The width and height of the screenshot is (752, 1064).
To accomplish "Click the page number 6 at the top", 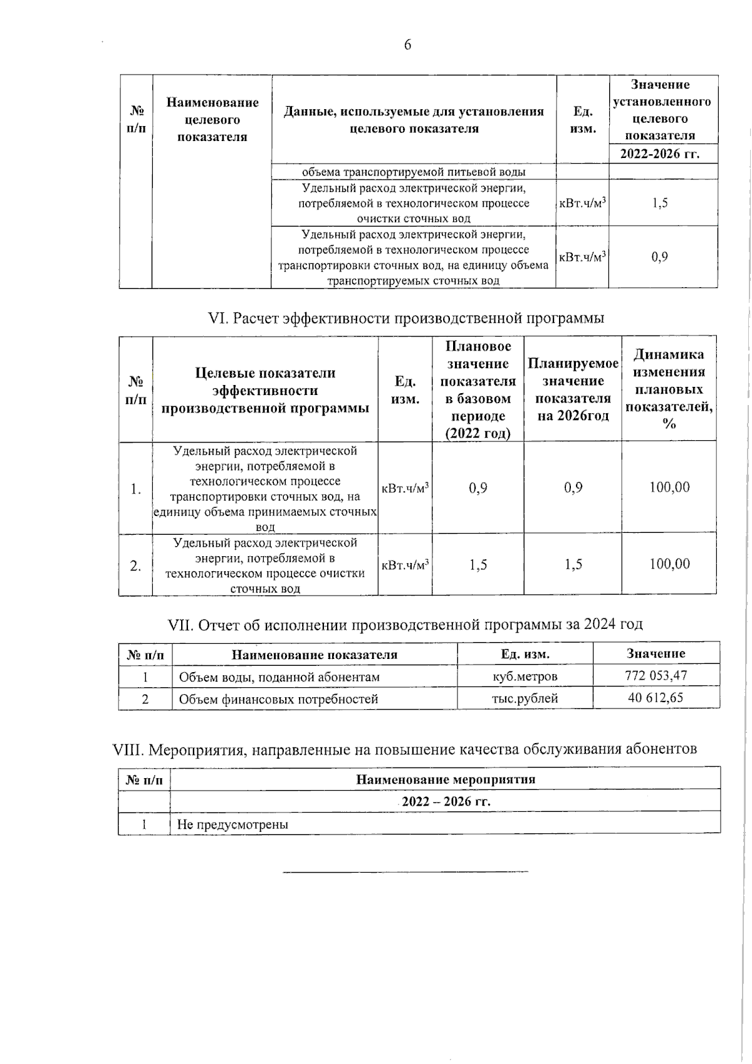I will (x=408, y=45).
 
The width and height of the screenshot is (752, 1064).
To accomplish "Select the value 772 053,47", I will (x=655, y=676).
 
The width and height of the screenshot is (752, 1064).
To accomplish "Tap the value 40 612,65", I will (x=655, y=698).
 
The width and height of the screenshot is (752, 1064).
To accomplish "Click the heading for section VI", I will (x=406, y=319).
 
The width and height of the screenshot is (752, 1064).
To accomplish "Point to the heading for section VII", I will (x=405, y=624).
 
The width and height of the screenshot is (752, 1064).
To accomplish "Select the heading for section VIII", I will (x=404, y=749).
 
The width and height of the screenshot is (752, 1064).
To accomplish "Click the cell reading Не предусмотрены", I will (x=232, y=824).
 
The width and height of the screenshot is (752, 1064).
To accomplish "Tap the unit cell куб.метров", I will (x=525, y=677).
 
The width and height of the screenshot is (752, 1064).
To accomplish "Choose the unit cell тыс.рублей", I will (x=525, y=698).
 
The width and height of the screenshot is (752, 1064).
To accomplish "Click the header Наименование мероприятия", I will (x=446, y=779).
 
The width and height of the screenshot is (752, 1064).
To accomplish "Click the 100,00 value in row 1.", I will (x=669, y=487).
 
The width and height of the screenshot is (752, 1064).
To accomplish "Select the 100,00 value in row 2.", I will (x=669, y=564).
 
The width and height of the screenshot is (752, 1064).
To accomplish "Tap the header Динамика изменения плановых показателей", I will (x=669, y=389).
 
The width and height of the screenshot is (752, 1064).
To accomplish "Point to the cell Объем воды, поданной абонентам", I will (x=279, y=677).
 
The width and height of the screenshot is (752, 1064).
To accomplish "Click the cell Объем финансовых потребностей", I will (x=278, y=699).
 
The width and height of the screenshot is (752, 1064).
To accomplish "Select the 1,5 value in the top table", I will (x=659, y=203).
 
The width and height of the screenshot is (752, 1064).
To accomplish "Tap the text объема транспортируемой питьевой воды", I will (x=414, y=172).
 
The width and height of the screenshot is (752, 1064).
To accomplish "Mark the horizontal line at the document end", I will (x=405, y=871).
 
